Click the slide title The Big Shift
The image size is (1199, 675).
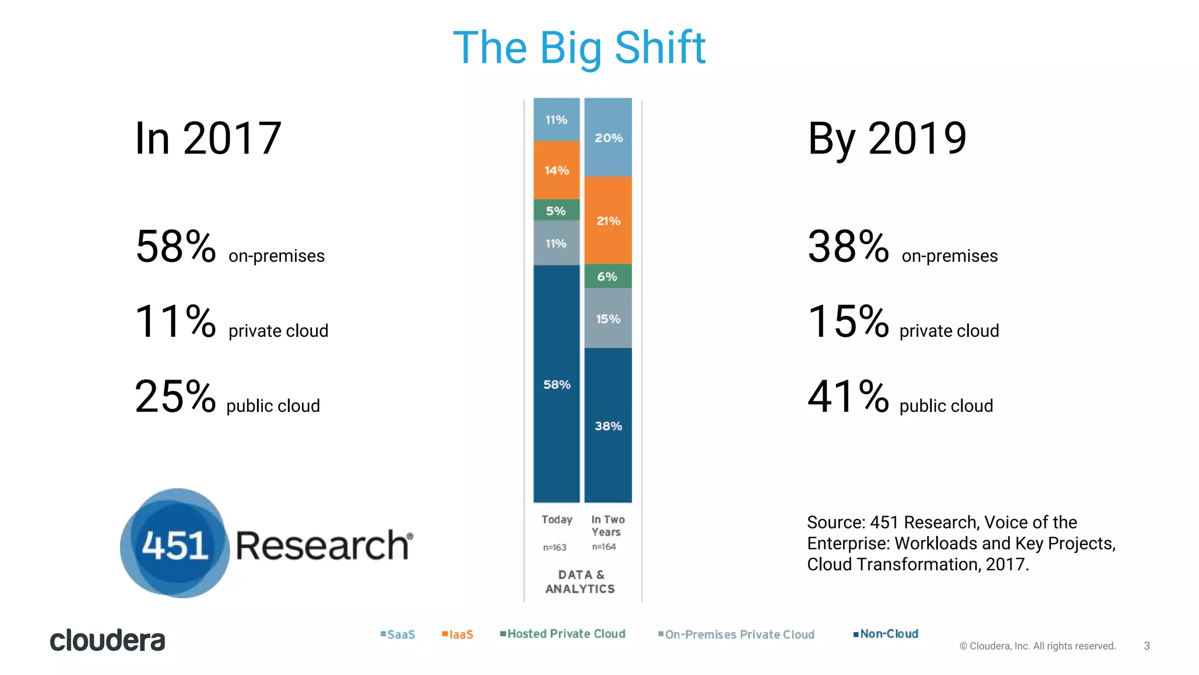pos(579,48)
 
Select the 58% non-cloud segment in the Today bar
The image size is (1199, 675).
pos(556,384)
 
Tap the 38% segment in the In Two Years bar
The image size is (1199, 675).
pos(608,425)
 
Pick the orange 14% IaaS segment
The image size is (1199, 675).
pos(556,170)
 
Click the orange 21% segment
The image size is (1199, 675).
pos(608,220)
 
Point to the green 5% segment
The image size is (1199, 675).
pos(556,210)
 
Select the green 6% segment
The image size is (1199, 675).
pos(608,276)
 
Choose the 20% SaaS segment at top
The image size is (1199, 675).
pos(608,138)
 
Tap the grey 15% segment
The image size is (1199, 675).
pos(608,319)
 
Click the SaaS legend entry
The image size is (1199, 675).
pos(398,635)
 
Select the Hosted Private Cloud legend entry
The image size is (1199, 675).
pos(563,634)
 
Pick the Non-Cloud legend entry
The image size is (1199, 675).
pos(886,634)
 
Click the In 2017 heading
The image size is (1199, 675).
pos(208,138)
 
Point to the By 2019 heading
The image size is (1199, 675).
pos(886,138)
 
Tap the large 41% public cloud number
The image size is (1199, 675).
pos(848,397)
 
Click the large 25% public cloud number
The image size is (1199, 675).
pos(175,397)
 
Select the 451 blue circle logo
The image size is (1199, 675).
pos(175,544)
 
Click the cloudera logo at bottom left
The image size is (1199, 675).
pos(107,640)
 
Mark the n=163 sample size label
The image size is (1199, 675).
pos(554,547)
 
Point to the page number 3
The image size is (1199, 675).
pos(1146,646)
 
